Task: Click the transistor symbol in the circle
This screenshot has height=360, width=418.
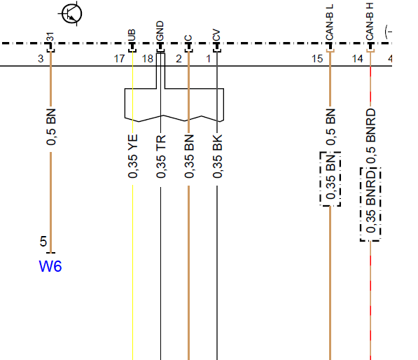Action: [71, 13]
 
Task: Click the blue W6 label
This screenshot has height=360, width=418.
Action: [50, 266]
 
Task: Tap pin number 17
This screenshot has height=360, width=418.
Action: [119, 59]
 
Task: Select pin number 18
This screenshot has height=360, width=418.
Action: [148, 59]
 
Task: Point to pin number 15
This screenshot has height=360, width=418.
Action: [317, 59]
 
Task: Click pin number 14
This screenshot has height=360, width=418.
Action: [358, 59]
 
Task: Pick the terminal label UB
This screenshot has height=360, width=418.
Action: [132, 35]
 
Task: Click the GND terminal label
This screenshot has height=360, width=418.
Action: [160, 31]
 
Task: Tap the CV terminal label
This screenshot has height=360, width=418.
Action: [216, 35]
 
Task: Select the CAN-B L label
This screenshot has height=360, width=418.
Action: [330, 22]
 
